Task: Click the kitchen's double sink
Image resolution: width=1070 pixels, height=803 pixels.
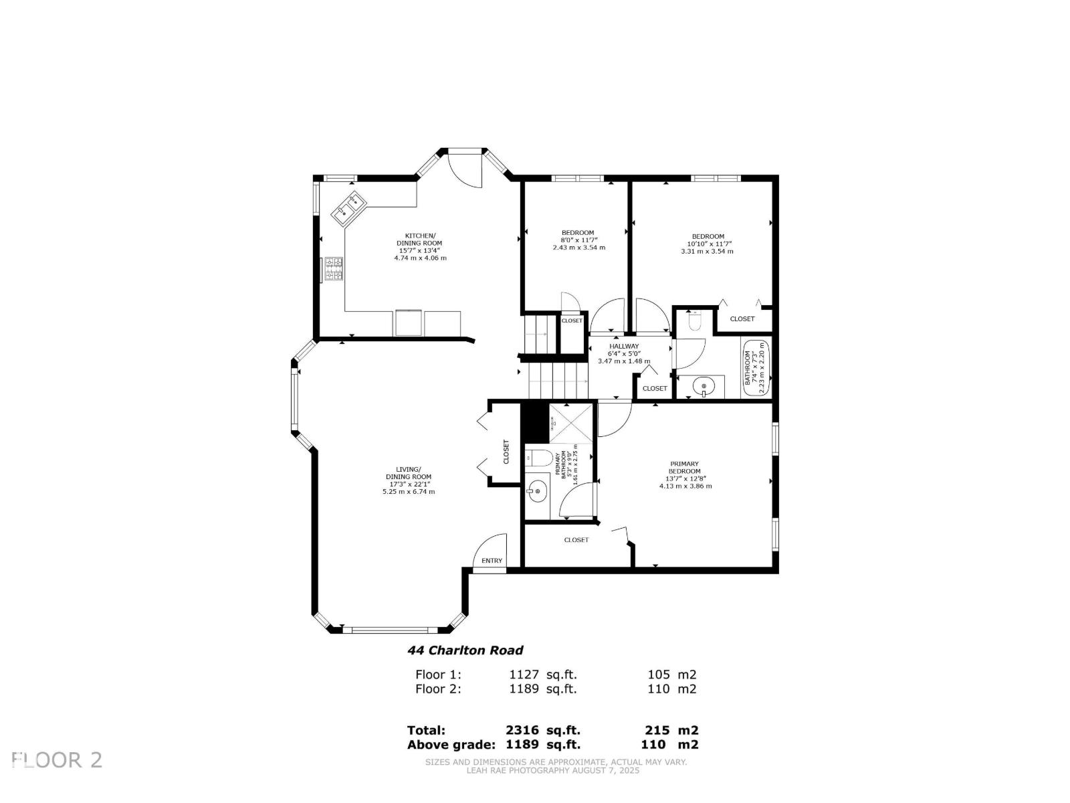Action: pyautogui.click(x=348, y=207)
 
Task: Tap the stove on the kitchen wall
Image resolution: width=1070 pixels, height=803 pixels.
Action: pyautogui.click(x=334, y=270)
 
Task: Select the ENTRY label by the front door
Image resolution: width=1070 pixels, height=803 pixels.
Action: pyautogui.click(x=492, y=561)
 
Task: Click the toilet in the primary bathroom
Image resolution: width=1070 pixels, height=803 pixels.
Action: pyautogui.click(x=539, y=458)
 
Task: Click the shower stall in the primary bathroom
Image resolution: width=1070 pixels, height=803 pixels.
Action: pyautogui.click(x=570, y=423)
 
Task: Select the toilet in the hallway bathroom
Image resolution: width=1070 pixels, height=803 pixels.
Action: pyautogui.click(x=693, y=321)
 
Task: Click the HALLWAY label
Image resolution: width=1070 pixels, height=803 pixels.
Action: pyautogui.click(x=623, y=346)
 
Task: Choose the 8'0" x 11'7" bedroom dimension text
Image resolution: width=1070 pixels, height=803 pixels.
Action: pyautogui.click(x=578, y=240)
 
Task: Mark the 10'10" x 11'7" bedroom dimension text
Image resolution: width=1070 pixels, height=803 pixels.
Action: pyautogui.click(x=709, y=244)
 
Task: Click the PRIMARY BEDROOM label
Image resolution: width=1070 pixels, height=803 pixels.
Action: pyautogui.click(x=685, y=467)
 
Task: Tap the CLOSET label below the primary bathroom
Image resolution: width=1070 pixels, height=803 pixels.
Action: pyautogui.click(x=576, y=539)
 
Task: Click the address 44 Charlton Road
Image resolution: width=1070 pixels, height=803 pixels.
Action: pyautogui.click(x=465, y=650)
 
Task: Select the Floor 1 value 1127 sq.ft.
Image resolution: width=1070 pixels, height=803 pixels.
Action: pyautogui.click(x=542, y=675)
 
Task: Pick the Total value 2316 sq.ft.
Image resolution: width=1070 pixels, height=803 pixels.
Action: pyautogui.click(x=542, y=731)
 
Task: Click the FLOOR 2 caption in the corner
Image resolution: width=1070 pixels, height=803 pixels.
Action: pyautogui.click(x=57, y=760)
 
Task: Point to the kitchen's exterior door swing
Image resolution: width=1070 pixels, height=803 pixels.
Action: pyautogui.click(x=465, y=169)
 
